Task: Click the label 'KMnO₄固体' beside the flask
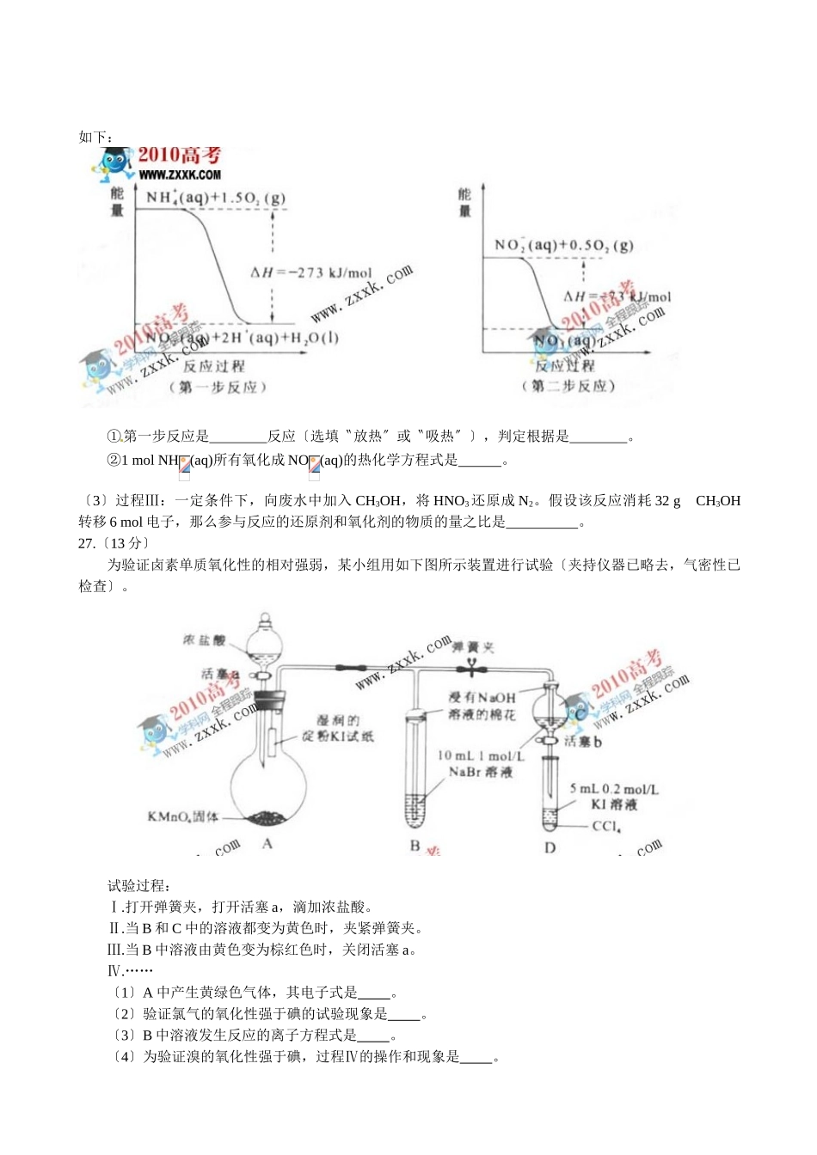point(182,816)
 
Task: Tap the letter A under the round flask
point(267,844)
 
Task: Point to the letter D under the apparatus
point(550,847)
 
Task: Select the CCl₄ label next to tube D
point(606,826)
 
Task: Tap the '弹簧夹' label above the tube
point(473,647)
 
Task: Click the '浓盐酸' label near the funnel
point(204,640)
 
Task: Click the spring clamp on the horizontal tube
point(470,666)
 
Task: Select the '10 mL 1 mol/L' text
point(481,755)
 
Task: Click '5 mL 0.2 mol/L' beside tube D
point(614,788)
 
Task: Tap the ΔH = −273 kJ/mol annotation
point(310,272)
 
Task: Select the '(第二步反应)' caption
point(568,386)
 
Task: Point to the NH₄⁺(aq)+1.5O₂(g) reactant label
point(215,198)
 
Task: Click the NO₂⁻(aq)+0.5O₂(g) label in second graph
point(563,245)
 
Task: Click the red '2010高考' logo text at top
point(180,155)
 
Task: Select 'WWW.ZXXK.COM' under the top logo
point(180,174)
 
